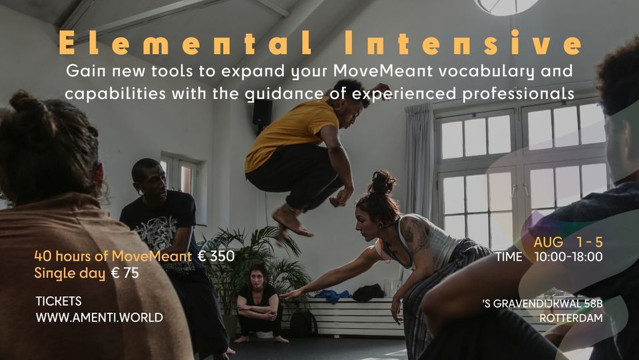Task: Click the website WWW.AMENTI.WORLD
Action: coord(99,317)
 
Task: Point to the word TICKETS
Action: coord(59,301)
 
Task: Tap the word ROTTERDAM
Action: coord(572,318)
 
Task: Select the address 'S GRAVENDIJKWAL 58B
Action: coord(542,303)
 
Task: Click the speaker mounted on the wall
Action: coord(262,112)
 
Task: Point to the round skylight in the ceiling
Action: coord(507,5)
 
